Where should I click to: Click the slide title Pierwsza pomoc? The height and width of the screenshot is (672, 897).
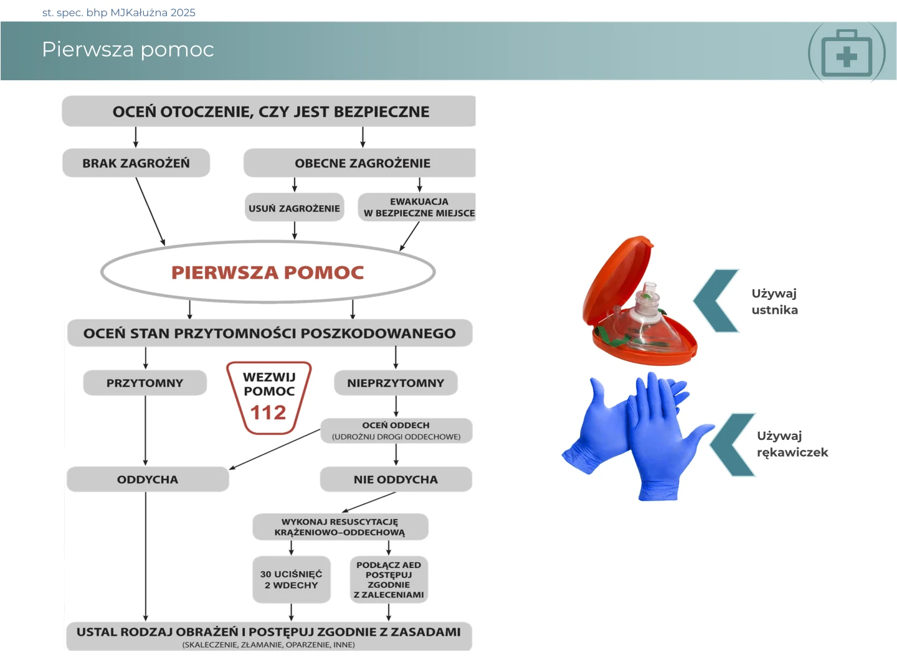point(128,50)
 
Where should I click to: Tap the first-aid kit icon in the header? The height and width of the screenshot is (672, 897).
point(847,54)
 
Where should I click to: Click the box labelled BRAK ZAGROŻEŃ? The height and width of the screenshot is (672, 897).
point(136,163)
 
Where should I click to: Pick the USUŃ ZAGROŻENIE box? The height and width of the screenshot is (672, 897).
point(294,208)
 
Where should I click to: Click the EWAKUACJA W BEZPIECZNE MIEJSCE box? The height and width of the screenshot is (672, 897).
point(419,207)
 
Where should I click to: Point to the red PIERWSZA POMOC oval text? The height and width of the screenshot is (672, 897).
point(267,273)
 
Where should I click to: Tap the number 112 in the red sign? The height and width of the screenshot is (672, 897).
point(268,413)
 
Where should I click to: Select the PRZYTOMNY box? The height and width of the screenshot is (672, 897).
point(145,383)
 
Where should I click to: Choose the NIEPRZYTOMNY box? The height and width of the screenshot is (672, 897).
point(396,383)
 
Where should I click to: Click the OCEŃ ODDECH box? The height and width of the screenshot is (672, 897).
point(396,431)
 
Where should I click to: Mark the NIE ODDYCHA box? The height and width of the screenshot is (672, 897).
point(396,480)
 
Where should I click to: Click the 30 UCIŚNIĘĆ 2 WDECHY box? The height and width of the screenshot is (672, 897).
point(291,580)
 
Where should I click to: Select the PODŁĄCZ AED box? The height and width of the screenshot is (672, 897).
point(389,580)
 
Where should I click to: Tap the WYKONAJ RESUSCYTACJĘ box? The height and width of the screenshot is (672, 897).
point(340,527)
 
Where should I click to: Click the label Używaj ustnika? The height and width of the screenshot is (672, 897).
point(774,302)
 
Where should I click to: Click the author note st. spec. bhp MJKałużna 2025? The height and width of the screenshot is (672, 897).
point(119,12)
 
